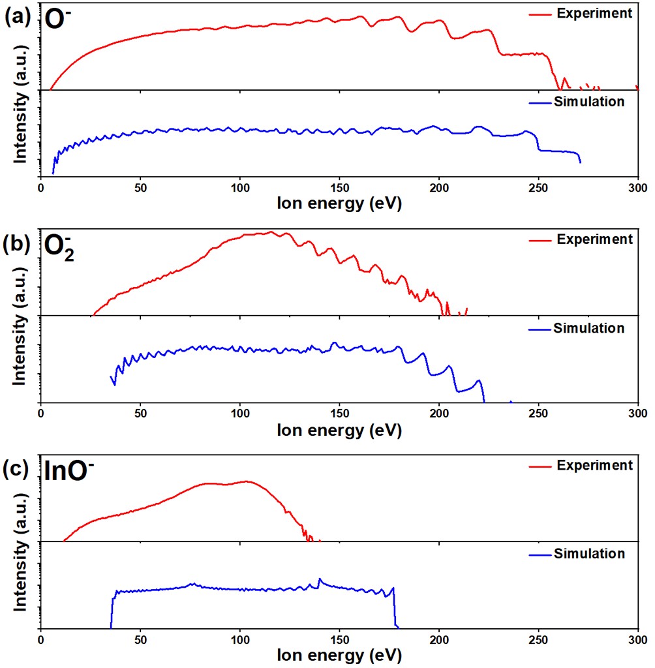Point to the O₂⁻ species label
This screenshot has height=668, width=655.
[x=59, y=248]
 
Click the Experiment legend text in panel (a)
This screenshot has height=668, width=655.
[x=594, y=13]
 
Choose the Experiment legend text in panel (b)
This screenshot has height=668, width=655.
[x=594, y=239]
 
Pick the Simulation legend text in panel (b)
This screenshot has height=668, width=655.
[x=589, y=327]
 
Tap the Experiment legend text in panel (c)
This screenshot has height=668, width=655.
[x=594, y=465]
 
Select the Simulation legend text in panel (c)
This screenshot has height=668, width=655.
[x=589, y=554]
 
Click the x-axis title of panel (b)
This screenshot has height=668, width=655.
[x=339, y=431]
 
